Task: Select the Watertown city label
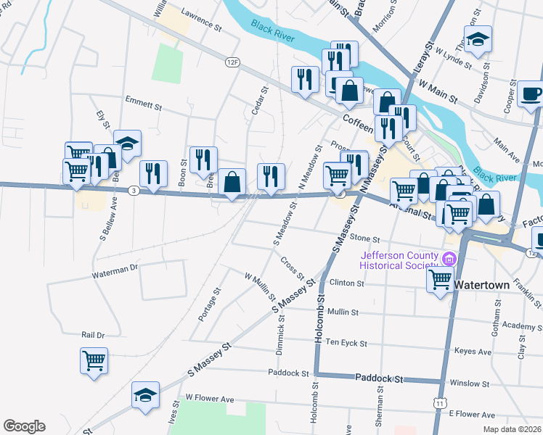pyautogui.click(x=482, y=285)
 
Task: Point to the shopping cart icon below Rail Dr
pyautogui.click(x=94, y=360)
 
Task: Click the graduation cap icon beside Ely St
pyautogui.click(x=128, y=143)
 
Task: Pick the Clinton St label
pyautogui.click(x=346, y=283)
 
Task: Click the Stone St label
pyautogui.click(x=364, y=238)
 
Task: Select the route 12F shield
pyautogui.click(x=232, y=63)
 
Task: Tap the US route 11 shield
pyautogui.click(x=439, y=402)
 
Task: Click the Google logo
pyautogui.click(x=24, y=426)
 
